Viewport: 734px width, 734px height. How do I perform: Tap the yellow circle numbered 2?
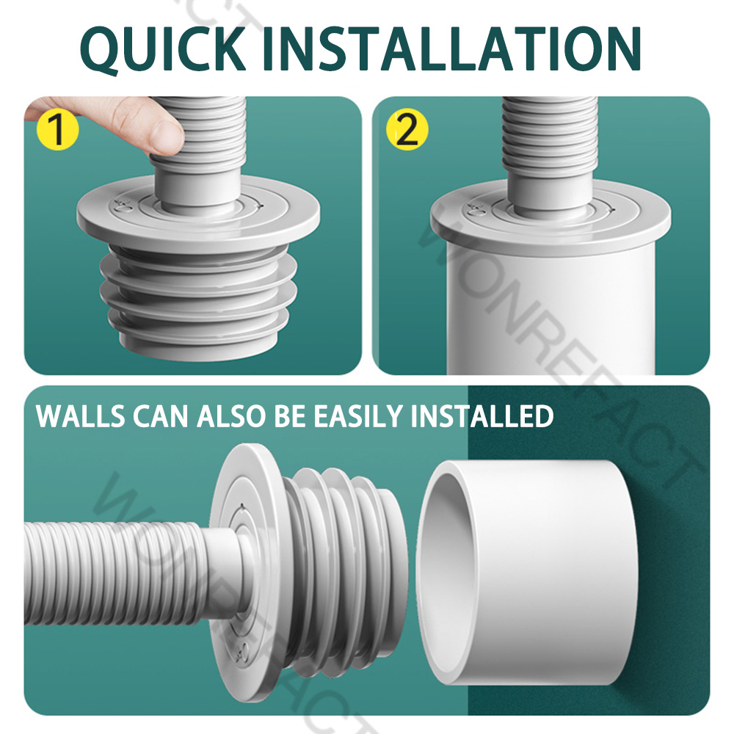point(407,129)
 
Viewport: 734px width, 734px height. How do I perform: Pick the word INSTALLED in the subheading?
point(482,415)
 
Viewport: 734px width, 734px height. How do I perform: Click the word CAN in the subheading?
point(161,415)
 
